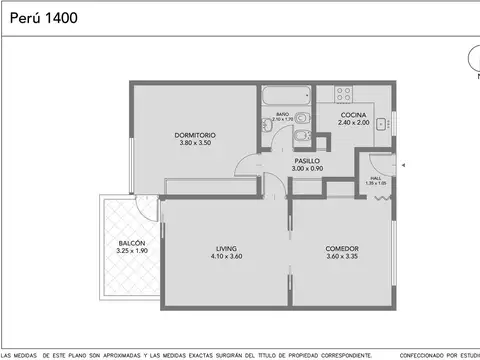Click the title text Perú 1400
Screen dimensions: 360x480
pyautogui.click(x=41, y=18)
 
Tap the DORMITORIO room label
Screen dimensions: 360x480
pyautogui.click(x=195, y=135)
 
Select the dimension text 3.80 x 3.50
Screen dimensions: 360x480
pyautogui.click(x=195, y=143)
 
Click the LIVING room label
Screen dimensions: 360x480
pyautogui.click(x=226, y=248)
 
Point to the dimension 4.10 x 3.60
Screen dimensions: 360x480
pyautogui.click(x=226, y=256)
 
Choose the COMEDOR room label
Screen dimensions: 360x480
pyautogui.click(x=342, y=248)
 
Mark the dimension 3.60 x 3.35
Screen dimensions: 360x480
pyautogui.click(x=342, y=256)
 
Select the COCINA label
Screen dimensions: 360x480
pyautogui.click(x=353, y=115)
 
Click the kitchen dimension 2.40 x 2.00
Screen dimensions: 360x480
pyautogui.click(x=353, y=123)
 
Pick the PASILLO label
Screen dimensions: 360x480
pyautogui.click(x=307, y=161)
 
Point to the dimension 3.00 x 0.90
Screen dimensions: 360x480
pyautogui.click(x=307, y=169)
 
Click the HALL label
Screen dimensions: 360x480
pyautogui.click(x=374, y=178)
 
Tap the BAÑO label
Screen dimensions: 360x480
pyautogui.click(x=283, y=114)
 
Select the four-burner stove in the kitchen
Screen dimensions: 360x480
pyautogui.click(x=344, y=94)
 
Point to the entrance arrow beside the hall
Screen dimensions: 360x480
pyautogui.click(x=402, y=164)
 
